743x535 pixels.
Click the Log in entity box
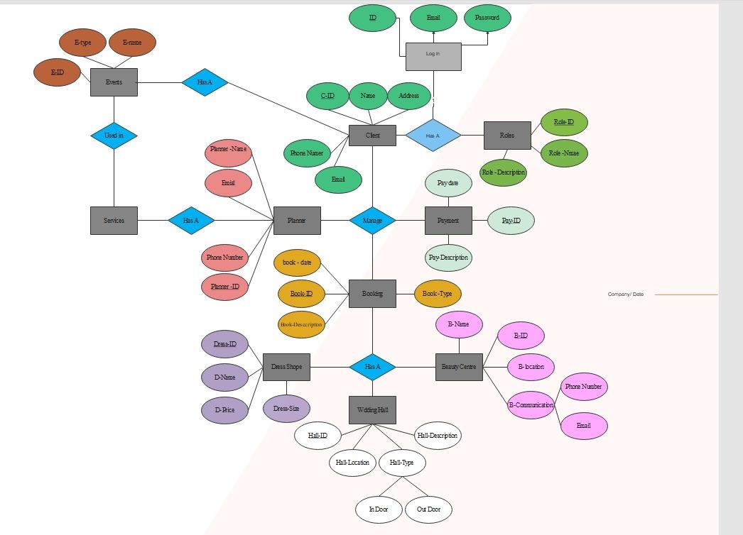pos(433,56)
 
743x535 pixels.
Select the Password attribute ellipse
pos(487,18)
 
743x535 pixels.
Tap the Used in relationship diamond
pos(114,136)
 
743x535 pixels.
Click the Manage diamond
pos(372,221)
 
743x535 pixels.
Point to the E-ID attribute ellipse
pos(57,72)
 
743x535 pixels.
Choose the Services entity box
pos(114,221)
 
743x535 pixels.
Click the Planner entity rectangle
pos(297,221)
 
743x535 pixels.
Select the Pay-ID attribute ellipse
pos(511,221)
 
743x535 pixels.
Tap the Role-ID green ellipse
pos(564,123)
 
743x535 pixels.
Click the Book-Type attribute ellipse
pos(438,294)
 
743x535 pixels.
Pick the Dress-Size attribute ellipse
pos(286,409)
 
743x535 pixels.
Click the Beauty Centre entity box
pos(459,367)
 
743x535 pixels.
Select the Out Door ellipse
pos(428,509)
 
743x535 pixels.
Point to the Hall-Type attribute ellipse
pos(401,463)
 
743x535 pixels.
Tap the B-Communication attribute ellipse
pos(531,405)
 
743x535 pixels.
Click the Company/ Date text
pos(625,294)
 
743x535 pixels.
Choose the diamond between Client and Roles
pos(433,136)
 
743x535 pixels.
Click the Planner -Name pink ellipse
pos(228,150)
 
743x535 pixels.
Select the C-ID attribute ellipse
pos(327,96)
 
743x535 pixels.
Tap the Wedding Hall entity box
pos(372,410)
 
